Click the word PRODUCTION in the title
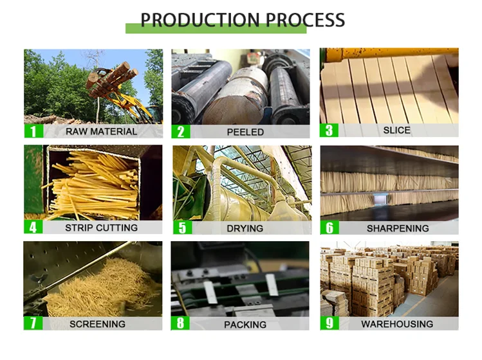coord(199,20)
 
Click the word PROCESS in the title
coord(303,20)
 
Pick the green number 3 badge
coord(329,130)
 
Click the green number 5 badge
coord(181,228)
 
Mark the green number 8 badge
coord(180,324)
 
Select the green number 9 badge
coord(329,323)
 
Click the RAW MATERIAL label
coord(101,132)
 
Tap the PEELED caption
coord(245,132)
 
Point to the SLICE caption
coord(396,130)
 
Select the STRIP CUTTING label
coord(101,228)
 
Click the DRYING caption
coord(245,228)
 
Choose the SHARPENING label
coord(398,228)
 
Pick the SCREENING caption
coord(98,324)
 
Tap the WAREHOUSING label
coord(397,324)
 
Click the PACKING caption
coord(245,325)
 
